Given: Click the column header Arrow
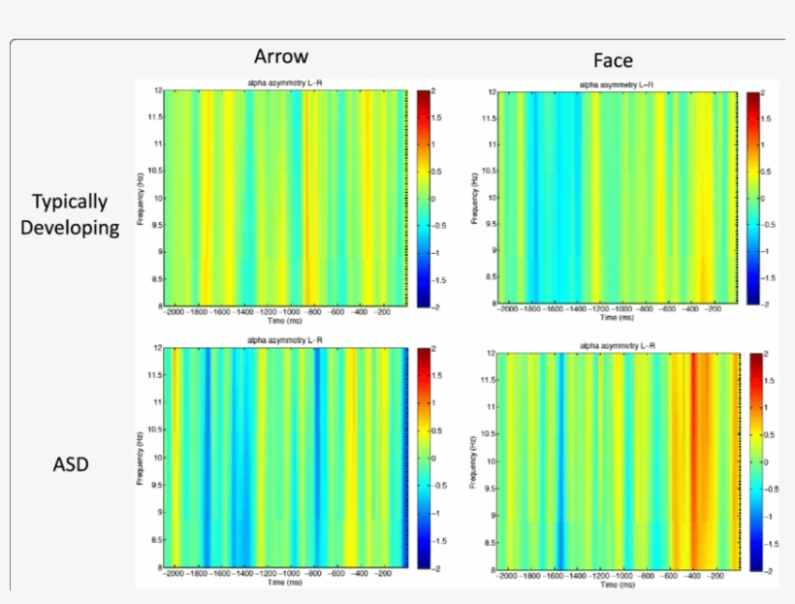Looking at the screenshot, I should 281,55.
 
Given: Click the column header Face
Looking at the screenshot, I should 613,60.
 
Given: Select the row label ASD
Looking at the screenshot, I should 70,464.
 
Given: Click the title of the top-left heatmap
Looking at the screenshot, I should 283,83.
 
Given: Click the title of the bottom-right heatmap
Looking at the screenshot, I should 617,345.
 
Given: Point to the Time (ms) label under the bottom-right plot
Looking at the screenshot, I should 617,585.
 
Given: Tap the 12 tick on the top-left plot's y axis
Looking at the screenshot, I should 156,90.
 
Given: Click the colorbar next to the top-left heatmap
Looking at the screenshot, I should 423,198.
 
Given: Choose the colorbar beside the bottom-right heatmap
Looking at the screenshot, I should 755,461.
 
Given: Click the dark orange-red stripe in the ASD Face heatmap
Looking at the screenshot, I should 694,461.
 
